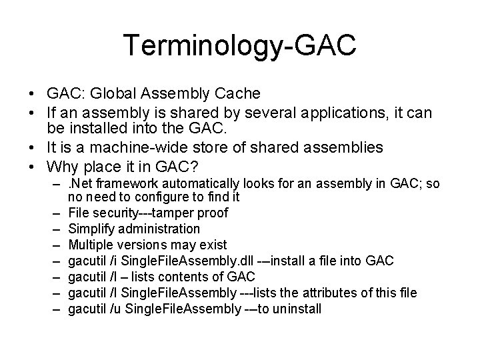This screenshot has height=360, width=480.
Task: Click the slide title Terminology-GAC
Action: pyautogui.click(x=240, y=46)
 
